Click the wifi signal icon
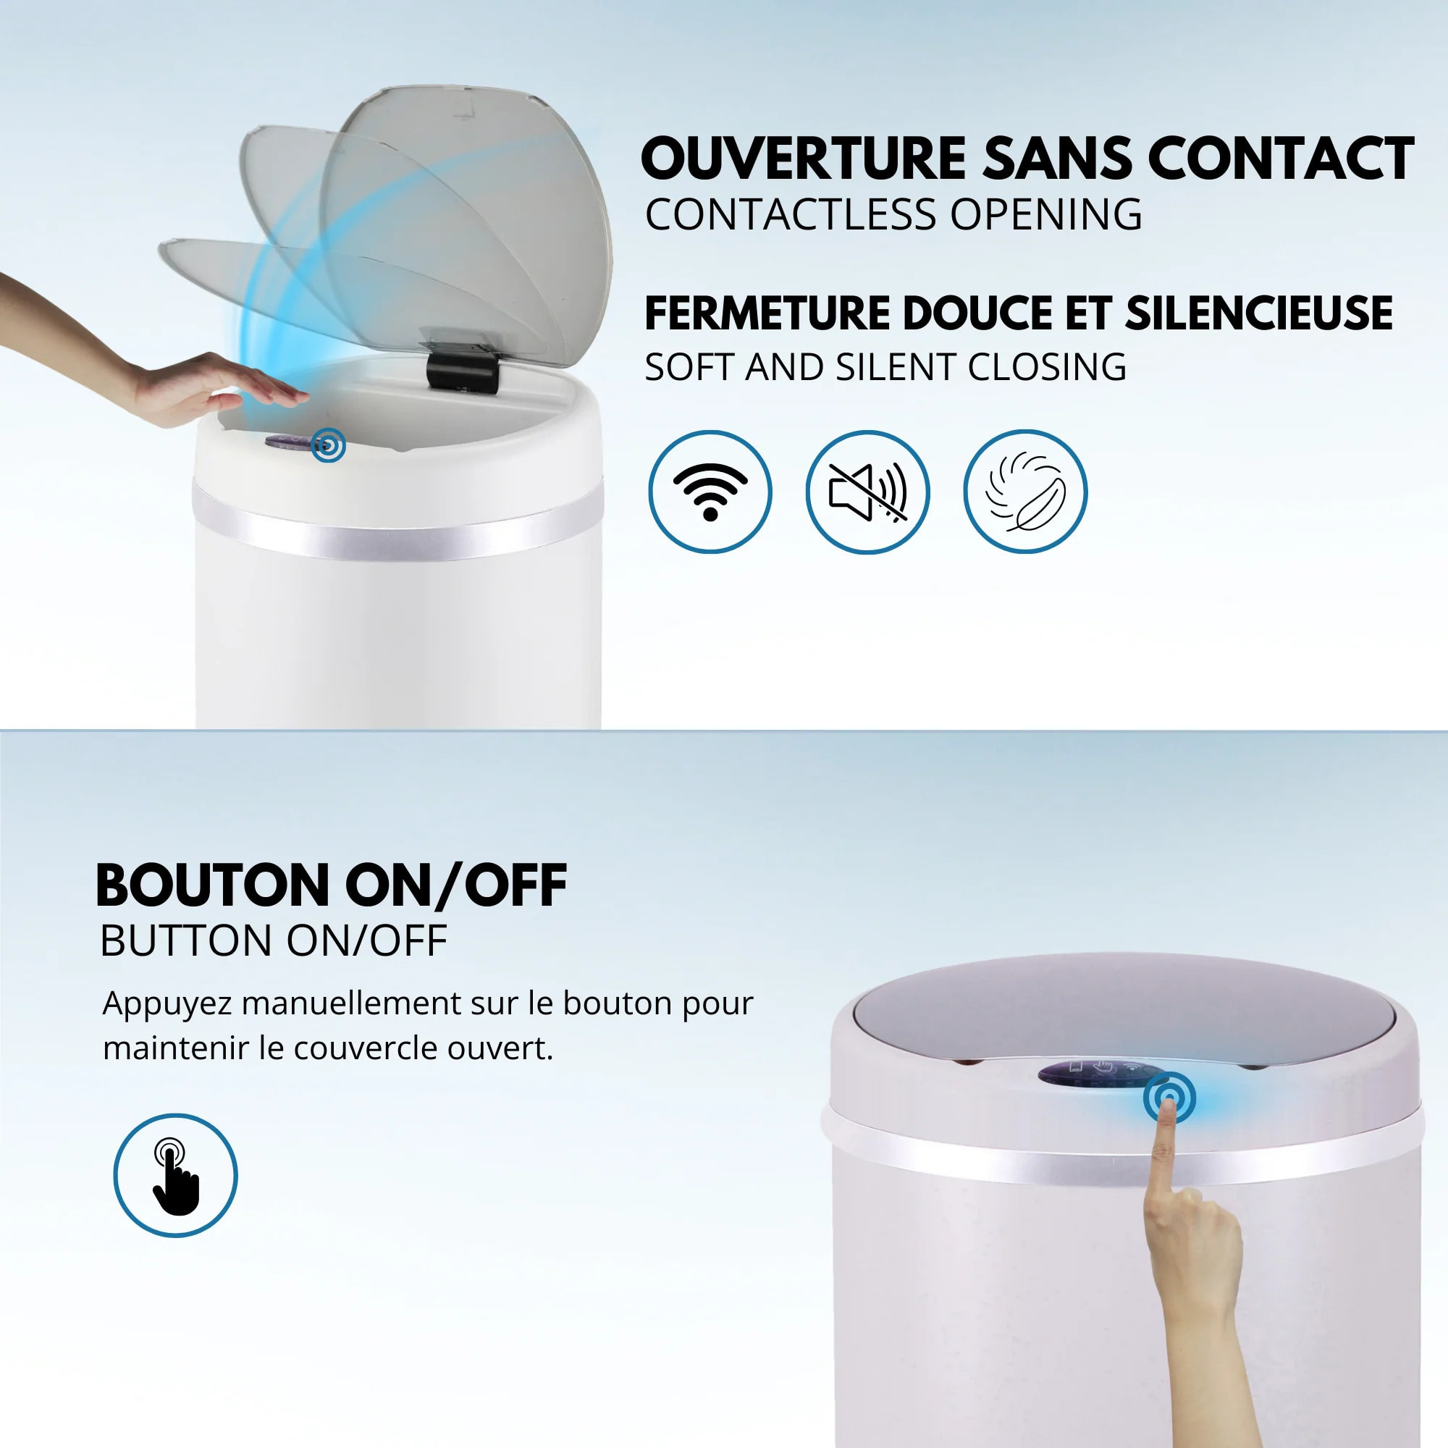710,492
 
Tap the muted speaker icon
867,492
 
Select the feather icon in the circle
1024,492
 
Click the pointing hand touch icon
175,1175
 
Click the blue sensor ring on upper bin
328,445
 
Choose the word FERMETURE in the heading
767,313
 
